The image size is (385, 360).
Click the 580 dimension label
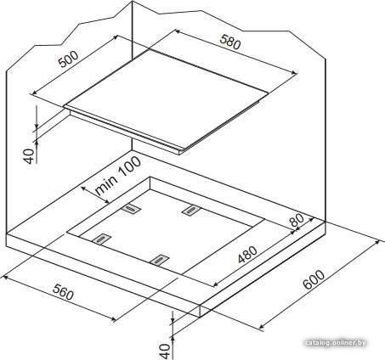click(230, 42)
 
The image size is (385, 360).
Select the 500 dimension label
click(68, 59)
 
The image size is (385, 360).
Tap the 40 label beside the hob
click(29, 155)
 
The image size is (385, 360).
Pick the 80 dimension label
click(297, 219)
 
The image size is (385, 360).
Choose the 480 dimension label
click(247, 255)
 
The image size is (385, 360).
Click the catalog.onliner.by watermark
click(336, 343)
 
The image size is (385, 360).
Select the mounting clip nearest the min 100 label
click(131, 209)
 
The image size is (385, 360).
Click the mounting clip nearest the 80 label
click(191, 210)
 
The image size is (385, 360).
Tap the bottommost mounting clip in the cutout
click(159, 261)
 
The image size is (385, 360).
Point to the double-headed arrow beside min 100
click(95, 194)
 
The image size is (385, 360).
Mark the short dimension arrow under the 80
click(303, 226)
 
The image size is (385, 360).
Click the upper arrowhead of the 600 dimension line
click(377, 242)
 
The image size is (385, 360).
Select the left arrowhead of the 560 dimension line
click(5, 278)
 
